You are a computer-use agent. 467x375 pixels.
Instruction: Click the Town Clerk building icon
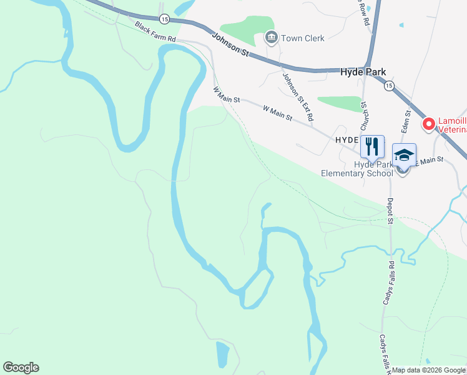coord(271,38)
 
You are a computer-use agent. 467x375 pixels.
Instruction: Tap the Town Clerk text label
coord(303,38)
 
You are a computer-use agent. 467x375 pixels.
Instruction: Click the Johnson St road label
coord(230,45)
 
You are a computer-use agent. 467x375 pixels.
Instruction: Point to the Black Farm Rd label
coord(155,32)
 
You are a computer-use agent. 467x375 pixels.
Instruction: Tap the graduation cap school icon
coord(404,155)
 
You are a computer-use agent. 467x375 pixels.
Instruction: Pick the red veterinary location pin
coord(429,124)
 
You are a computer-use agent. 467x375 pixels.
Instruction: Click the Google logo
coord(21,367)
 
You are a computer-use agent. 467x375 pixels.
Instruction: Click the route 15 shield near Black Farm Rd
coord(164,19)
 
